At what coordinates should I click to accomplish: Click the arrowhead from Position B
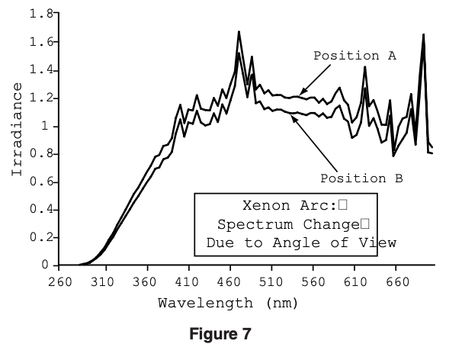[293, 116]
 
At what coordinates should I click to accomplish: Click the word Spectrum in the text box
[245, 225]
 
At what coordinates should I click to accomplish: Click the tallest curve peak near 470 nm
[239, 32]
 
